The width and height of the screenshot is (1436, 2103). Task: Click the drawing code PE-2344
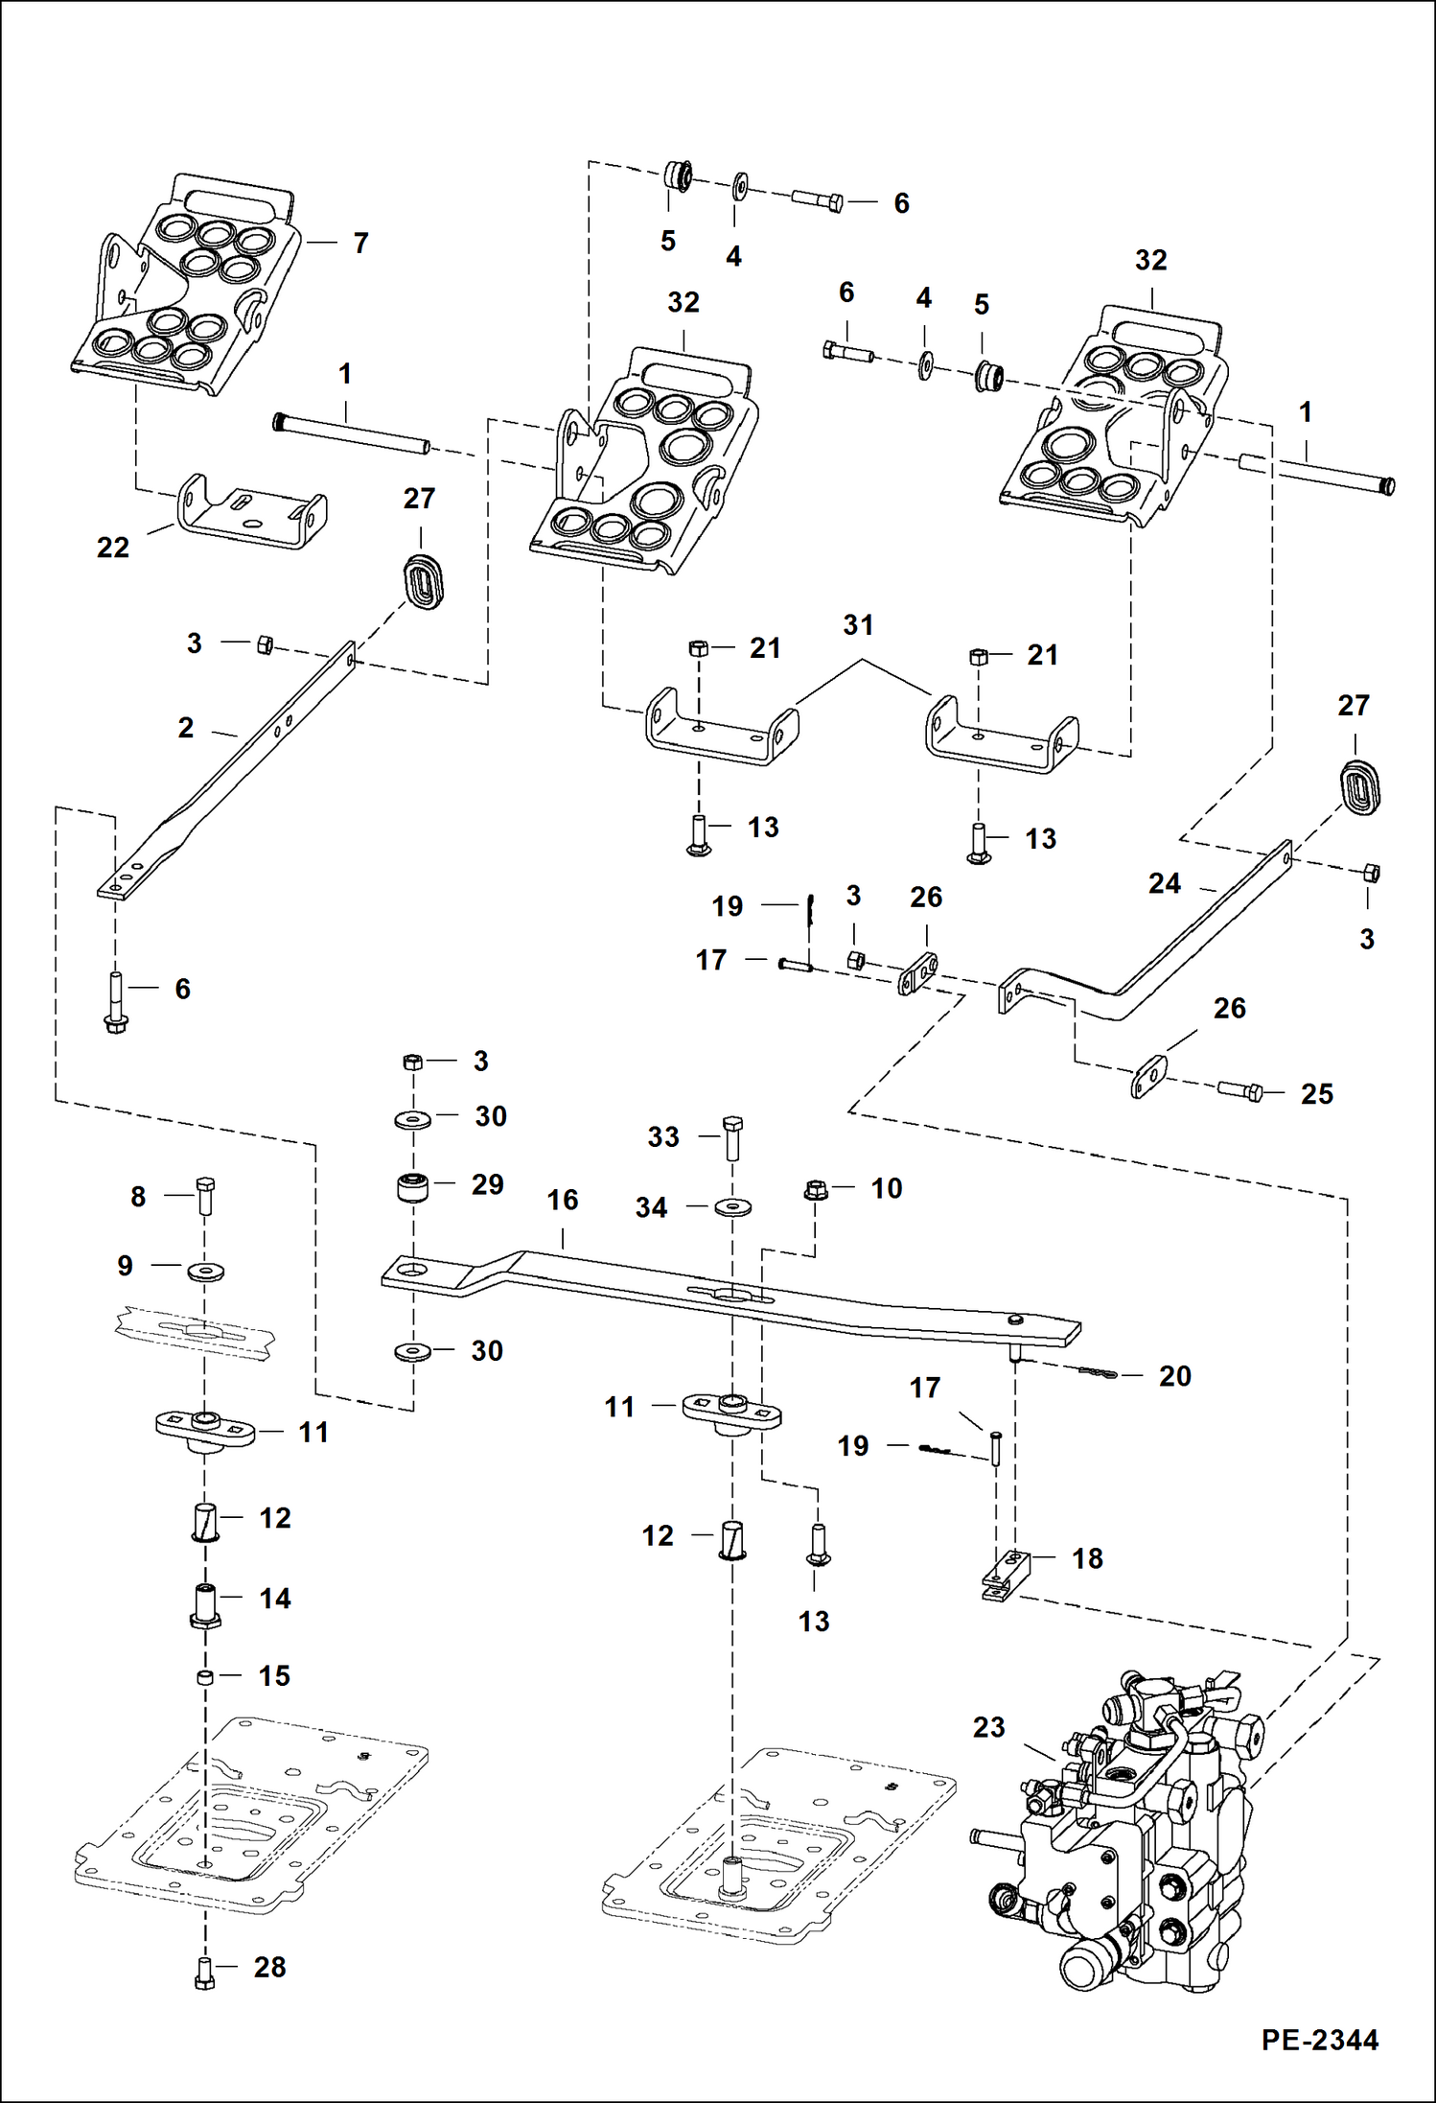[x=1319, y=2039]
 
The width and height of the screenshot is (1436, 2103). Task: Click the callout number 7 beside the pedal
[x=360, y=244]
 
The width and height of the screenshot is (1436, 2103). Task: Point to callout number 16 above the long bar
[x=563, y=1200]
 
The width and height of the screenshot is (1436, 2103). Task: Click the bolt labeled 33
[x=732, y=1136]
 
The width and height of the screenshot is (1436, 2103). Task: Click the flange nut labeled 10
[x=815, y=1190]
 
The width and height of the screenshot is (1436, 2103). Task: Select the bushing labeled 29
[x=413, y=1187]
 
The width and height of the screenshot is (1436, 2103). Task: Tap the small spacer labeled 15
[x=204, y=1676]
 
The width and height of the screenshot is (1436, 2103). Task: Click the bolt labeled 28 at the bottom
[x=204, y=1973]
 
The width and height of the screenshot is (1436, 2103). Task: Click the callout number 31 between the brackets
[x=858, y=625]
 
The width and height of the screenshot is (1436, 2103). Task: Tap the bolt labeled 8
[x=205, y=1195]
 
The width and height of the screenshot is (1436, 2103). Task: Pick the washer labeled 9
[x=205, y=1271]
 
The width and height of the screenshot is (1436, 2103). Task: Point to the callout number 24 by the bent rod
[x=1164, y=883]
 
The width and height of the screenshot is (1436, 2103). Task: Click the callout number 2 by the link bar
[x=186, y=728]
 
